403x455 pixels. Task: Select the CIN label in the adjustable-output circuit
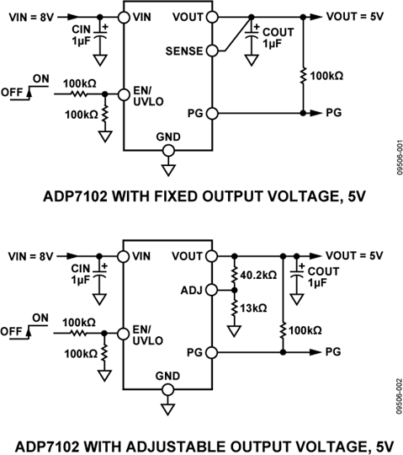pyautogui.click(x=82, y=270)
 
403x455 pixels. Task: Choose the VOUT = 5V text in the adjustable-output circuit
pyautogui.click(x=359, y=254)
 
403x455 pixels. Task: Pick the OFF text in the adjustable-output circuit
pyautogui.click(x=13, y=332)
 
